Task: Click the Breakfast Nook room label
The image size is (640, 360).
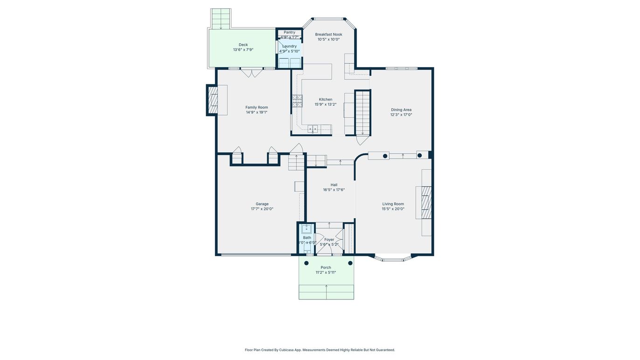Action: click(328, 35)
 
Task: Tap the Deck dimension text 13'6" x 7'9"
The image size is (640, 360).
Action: click(243, 50)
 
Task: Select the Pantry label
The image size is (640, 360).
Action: click(289, 32)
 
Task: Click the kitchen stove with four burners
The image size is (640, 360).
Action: click(297, 101)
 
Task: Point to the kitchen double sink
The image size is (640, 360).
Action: click(313, 128)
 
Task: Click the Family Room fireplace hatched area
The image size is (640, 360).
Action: click(213, 100)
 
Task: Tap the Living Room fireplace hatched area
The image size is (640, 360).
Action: click(426, 202)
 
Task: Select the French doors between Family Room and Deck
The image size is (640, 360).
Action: click(252, 73)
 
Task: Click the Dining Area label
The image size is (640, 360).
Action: click(401, 110)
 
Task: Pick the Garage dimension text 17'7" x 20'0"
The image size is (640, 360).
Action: click(262, 209)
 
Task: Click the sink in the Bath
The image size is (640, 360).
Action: click(306, 229)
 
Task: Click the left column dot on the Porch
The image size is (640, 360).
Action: click(306, 263)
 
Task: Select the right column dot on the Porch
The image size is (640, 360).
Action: click(350, 263)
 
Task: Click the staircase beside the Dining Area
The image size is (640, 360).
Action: click(362, 112)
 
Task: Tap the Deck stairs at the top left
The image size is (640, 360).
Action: click(221, 19)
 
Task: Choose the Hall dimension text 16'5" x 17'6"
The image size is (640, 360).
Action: click(334, 190)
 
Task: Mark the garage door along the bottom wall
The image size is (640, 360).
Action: click(255, 255)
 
